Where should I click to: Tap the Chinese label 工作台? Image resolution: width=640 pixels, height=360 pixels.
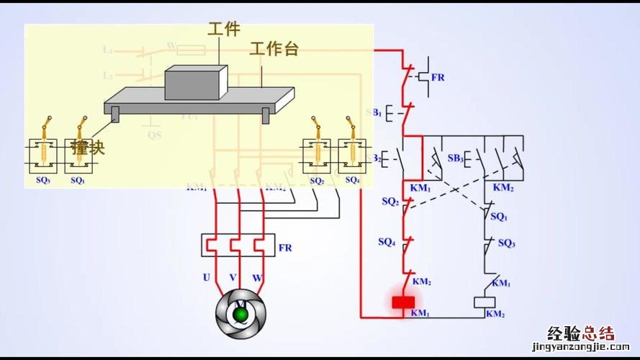point(274,49)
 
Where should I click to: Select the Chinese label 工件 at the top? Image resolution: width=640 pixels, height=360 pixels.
point(224,29)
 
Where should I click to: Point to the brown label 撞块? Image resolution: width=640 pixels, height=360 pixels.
point(88,148)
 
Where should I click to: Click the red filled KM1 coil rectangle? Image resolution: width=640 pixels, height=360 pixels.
point(402,302)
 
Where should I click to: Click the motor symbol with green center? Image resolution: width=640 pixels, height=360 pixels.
point(240,313)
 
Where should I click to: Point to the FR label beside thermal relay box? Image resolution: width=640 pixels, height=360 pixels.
point(285,248)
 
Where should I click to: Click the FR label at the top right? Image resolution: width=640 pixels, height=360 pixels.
point(438,77)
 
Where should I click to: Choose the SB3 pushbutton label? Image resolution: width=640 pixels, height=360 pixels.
point(455,158)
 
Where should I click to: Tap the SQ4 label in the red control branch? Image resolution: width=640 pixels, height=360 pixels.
point(387,243)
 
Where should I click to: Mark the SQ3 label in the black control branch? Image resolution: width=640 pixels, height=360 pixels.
point(506,243)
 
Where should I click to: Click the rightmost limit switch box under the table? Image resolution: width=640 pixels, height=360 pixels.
point(352,154)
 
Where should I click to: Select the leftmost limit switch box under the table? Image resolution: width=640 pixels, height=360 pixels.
point(43,155)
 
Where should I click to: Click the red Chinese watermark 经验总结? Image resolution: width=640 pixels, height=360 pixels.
point(580,333)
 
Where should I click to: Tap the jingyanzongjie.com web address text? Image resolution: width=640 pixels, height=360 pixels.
point(580,347)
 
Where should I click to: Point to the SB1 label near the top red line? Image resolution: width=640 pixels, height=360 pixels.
point(374,112)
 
